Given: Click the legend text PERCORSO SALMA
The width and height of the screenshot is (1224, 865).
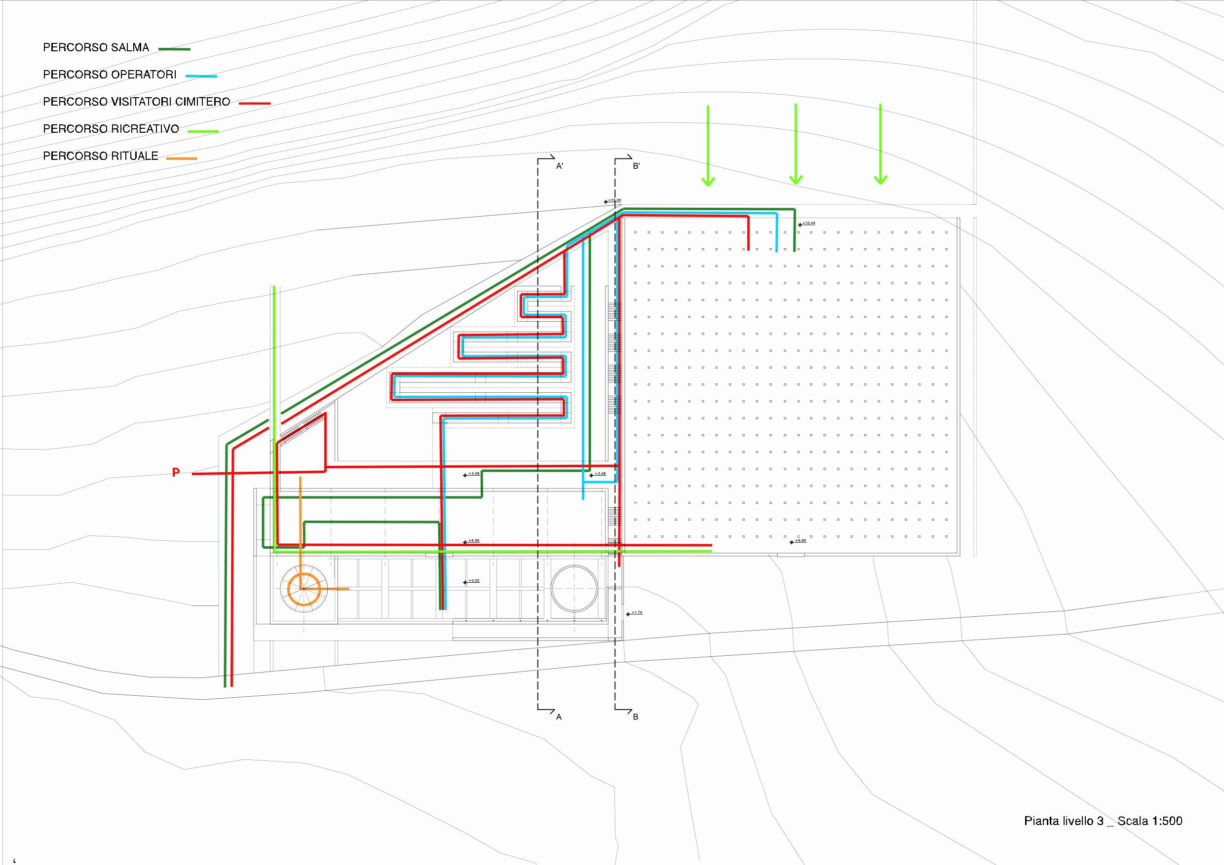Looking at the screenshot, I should [96, 47].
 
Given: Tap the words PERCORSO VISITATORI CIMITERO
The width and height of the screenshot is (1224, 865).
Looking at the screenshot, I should [137, 102].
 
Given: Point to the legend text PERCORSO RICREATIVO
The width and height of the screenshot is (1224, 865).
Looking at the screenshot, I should [111, 129].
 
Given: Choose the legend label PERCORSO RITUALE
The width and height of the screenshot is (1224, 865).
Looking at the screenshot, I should [101, 156].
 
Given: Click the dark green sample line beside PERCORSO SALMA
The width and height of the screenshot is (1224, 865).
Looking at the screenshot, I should [174, 49].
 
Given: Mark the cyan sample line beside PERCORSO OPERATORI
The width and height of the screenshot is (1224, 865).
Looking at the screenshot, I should [201, 76].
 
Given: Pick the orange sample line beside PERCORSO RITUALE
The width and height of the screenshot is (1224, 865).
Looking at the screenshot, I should [182, 158].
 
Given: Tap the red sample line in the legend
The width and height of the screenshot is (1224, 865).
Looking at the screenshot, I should [255, 104].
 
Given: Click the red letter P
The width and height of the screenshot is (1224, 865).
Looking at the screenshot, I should [175, 472].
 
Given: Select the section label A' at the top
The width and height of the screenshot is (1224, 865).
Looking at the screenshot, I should [560, 166].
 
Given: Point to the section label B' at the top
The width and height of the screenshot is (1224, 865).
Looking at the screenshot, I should [636, 166].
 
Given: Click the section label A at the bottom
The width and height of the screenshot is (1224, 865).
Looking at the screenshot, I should [559, 717].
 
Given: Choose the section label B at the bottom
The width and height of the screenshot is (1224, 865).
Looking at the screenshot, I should [636, 717].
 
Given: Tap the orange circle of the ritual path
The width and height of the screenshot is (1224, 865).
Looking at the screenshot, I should [304, 589].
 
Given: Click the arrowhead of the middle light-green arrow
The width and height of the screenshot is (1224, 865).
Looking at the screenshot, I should [796, 180].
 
